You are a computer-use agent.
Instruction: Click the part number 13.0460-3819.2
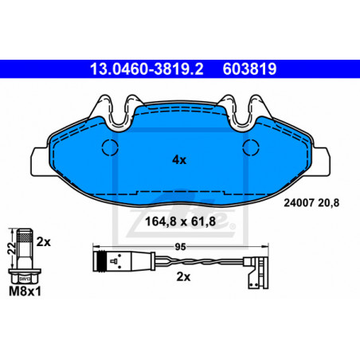147,69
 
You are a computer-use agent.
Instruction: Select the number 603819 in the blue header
249,69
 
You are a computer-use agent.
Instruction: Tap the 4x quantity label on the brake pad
179,160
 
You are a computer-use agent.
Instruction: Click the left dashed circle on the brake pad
110,147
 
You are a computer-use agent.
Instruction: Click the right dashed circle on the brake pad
251,147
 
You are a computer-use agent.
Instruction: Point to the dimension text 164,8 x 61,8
180,221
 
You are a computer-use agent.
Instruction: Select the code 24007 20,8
311,203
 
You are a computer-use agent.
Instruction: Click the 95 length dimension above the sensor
180,247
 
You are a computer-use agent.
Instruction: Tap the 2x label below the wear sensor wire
183,277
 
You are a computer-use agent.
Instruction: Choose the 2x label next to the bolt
43,242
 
